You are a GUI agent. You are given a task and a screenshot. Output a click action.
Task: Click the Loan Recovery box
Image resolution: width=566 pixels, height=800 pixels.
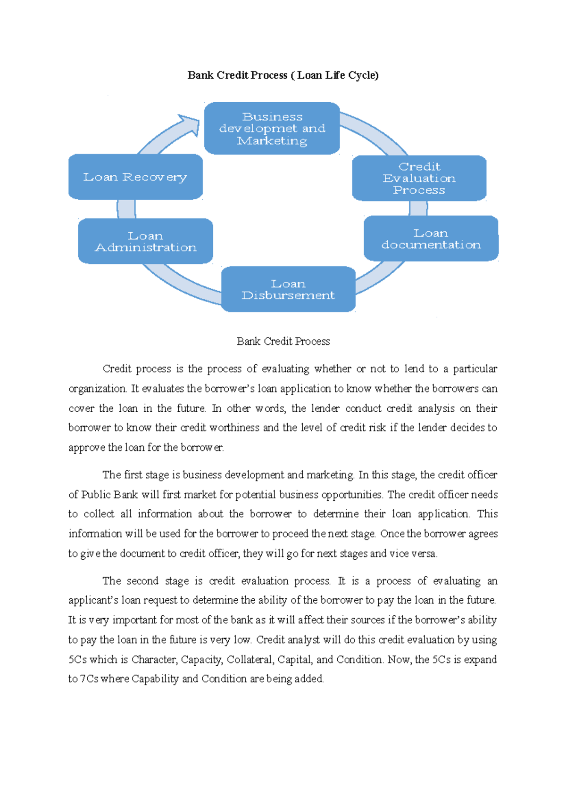point(135,177)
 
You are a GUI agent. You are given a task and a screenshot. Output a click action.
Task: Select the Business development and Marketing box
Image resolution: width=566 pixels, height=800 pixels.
point(272,128)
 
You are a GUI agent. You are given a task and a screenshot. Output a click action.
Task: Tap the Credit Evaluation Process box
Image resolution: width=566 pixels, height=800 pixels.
point(419,178)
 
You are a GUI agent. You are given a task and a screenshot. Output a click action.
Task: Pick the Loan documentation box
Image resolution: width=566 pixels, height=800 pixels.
point(431,238)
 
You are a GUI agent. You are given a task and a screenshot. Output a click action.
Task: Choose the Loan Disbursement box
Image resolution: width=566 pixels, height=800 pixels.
point(288,289)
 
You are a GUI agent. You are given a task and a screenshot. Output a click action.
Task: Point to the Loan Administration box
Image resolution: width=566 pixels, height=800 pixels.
point(145,241)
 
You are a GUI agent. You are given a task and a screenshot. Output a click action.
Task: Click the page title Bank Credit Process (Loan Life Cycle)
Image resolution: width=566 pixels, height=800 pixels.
point(283,75)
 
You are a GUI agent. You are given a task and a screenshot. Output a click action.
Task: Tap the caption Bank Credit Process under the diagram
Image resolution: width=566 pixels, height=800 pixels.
point(283,341)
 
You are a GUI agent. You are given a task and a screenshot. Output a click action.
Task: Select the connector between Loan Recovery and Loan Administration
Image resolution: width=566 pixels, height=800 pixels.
point(126,209)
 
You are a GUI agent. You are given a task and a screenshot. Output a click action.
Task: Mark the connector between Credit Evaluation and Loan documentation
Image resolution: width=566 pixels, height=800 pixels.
point(418,208)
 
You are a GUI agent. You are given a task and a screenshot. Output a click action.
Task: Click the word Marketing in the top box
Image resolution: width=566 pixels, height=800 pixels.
point(272,141)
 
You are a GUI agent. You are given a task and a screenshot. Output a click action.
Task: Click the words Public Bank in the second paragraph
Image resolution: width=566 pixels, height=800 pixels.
point(109,495)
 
